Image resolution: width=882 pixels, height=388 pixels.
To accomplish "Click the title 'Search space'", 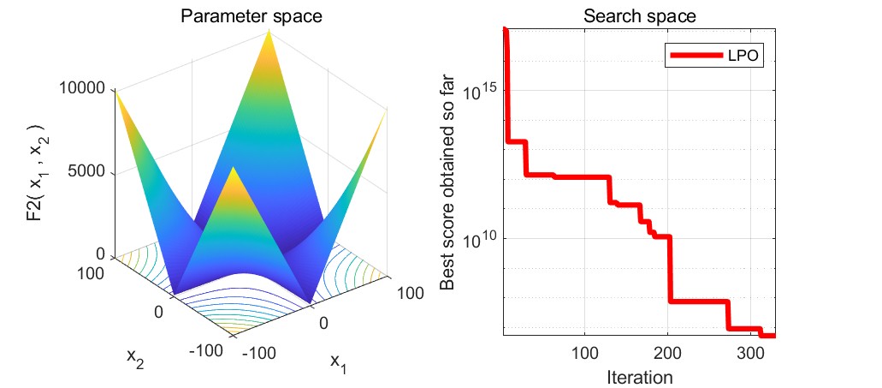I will tap(638, 16).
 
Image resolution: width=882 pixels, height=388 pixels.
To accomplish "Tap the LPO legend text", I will tap(745, 56).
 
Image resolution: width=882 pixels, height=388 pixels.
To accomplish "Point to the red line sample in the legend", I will tap(696, 56).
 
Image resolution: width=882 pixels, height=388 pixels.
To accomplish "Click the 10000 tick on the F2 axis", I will tap(81, 88).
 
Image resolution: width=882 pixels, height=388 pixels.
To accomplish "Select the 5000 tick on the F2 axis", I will tap(86, 172).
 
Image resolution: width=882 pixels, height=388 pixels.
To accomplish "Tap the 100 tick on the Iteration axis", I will tap(584, 354).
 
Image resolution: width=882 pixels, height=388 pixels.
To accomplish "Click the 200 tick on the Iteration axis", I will tap(668, 354).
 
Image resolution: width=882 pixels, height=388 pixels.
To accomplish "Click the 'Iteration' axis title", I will tap(638, 376).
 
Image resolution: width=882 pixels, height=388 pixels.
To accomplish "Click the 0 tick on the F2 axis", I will tap(99, 254).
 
